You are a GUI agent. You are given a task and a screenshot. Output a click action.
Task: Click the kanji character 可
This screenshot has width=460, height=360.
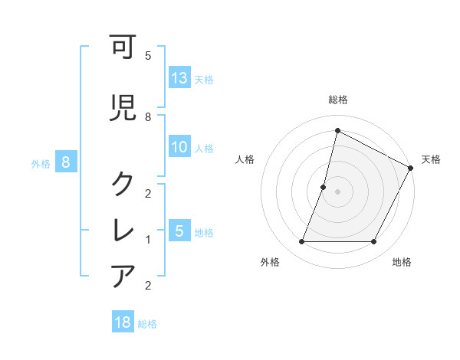point(124,49)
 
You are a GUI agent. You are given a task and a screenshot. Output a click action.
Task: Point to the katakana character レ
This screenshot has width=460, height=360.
point(124,228)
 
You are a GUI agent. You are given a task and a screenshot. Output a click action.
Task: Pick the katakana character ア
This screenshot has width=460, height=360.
point(124,274)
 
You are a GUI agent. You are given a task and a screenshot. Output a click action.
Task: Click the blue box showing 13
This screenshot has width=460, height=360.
point(179,78)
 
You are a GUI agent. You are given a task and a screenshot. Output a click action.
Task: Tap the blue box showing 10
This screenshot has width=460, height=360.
point(179,147)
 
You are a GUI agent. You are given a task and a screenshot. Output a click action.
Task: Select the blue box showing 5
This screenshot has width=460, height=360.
point(179,231)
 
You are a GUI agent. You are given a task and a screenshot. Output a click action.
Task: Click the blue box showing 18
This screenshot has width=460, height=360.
point(123,322)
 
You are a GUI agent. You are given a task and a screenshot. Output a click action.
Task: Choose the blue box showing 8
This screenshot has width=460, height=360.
point(66,162)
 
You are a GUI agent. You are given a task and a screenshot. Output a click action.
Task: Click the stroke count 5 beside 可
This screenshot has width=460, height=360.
point(148,56)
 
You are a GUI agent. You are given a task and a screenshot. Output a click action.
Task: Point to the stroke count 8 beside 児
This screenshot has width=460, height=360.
point(148,116)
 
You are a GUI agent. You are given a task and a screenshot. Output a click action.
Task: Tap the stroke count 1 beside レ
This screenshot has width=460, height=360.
point(148,240)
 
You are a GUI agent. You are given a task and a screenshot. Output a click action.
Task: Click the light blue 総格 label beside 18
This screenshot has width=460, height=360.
point(147,324)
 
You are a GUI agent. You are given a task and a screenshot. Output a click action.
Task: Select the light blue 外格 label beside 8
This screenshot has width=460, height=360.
point(41,163)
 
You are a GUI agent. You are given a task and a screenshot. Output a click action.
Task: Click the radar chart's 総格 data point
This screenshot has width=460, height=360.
point(337,131)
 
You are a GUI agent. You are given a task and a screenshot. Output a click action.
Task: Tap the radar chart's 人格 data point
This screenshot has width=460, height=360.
point(324,187)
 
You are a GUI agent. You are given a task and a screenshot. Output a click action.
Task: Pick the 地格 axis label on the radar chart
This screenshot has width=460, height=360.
point(402,262)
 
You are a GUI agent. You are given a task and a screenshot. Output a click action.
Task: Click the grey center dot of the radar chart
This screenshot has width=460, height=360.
point(337,191)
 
